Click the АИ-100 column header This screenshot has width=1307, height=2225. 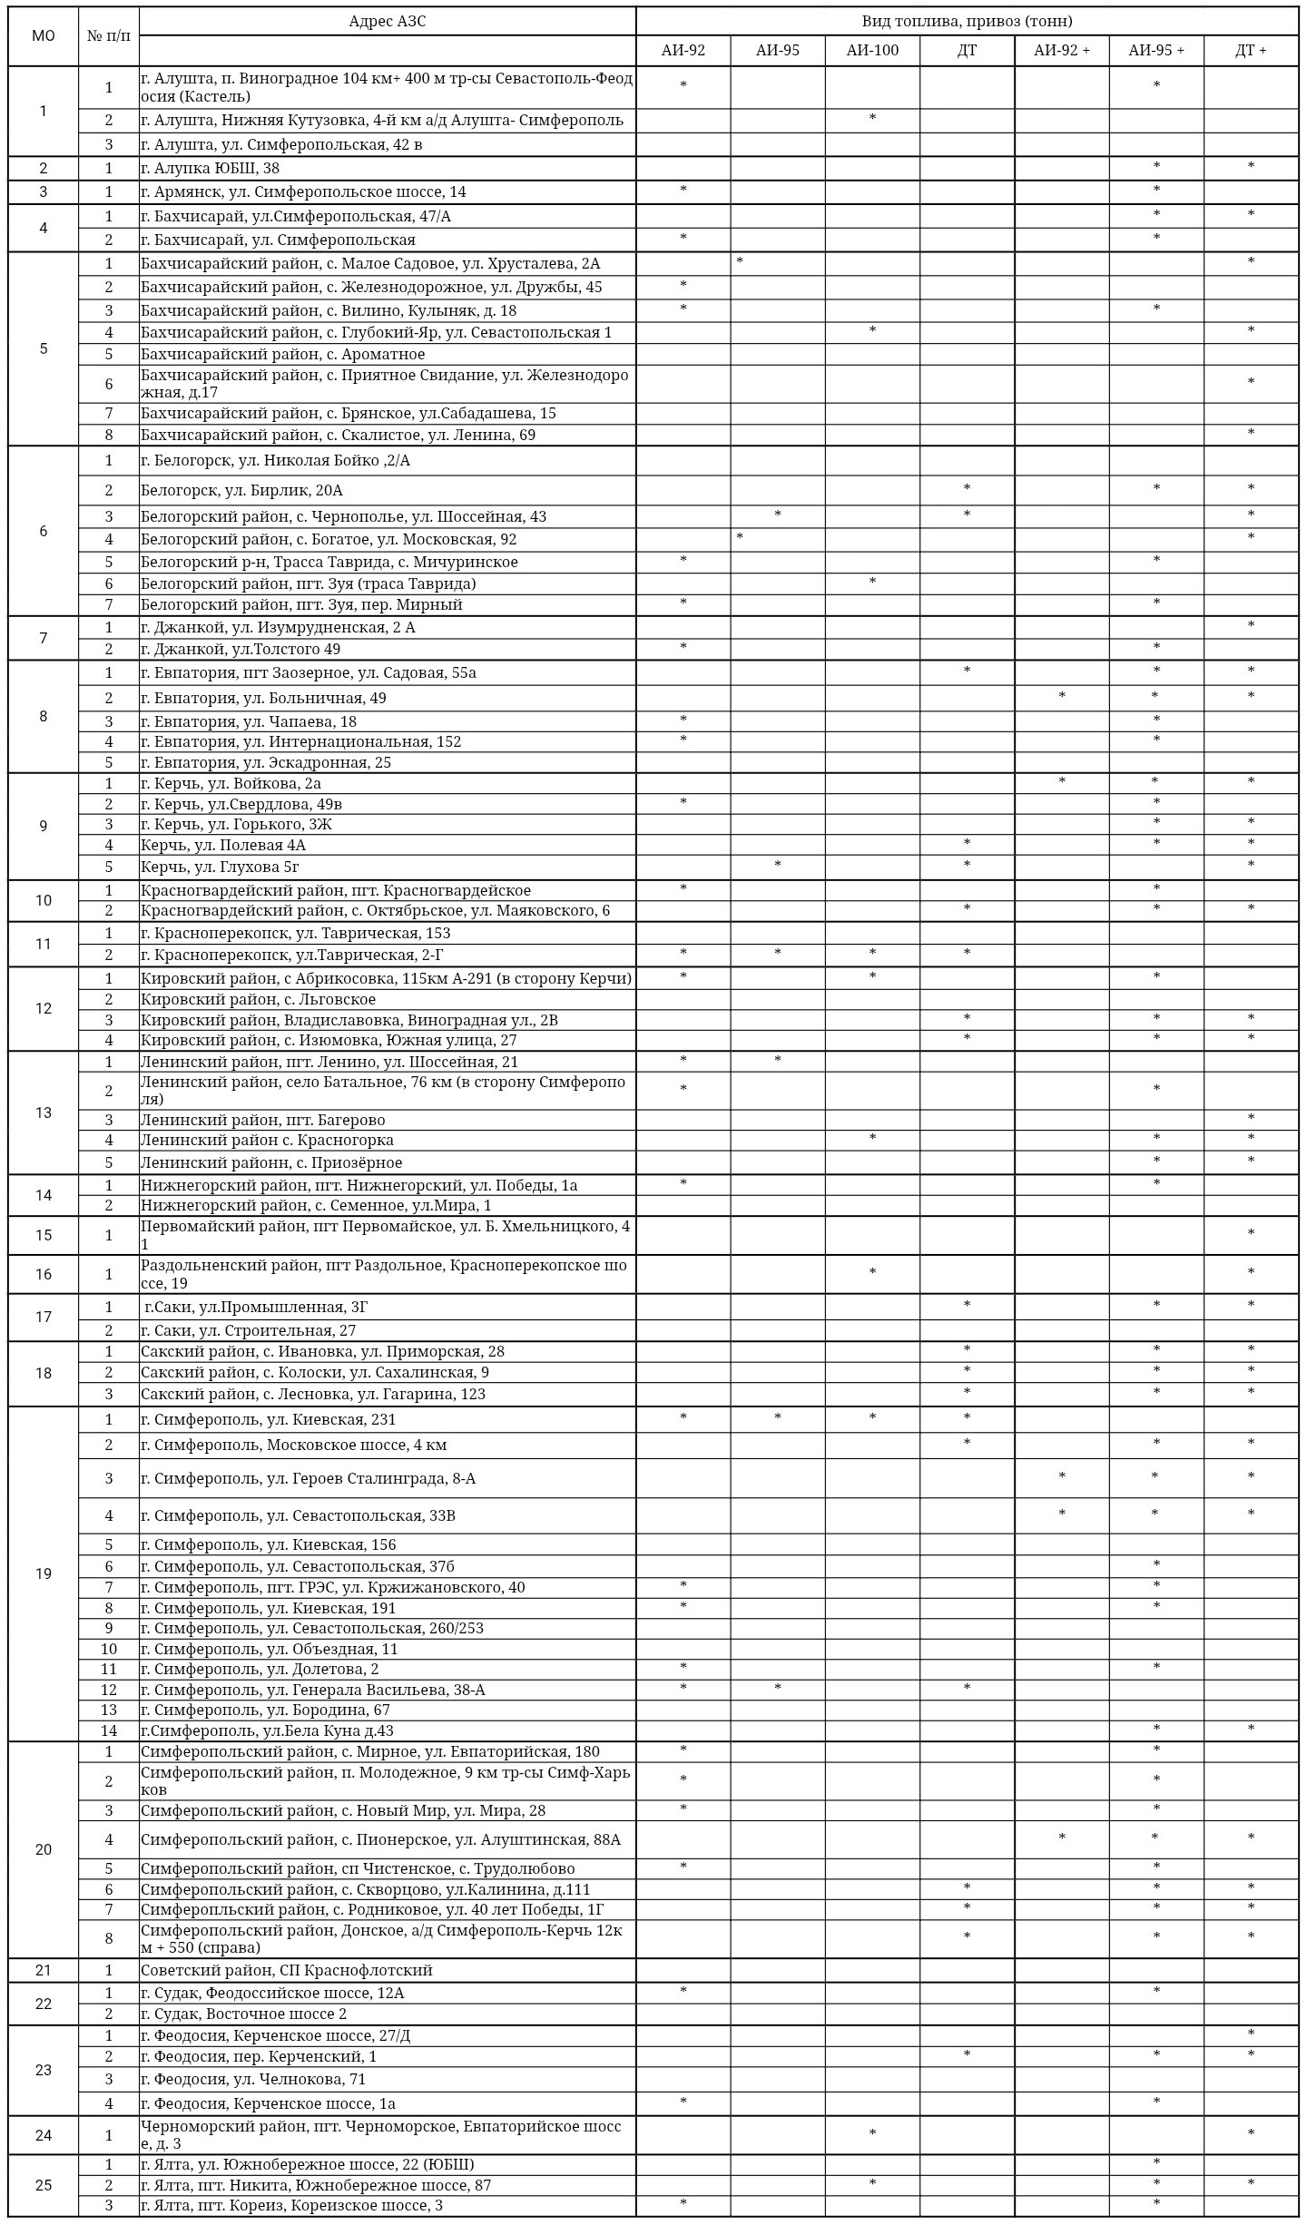pos(871,51)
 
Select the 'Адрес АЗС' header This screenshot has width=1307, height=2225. pos(388,22)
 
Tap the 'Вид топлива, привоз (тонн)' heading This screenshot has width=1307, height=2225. pos(967,22)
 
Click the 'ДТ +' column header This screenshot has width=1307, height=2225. pos(1250,51)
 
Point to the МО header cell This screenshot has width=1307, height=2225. pos(44,36)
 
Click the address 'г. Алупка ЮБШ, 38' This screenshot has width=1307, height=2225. pos(211,169)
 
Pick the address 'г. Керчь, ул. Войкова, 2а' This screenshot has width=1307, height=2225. pos(231,784)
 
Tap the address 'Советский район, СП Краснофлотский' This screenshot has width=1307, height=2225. pos(286,1970)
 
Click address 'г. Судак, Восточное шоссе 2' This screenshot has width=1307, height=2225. pos(243,2014)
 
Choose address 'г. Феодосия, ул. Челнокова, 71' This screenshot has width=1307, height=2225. pos(252,2079)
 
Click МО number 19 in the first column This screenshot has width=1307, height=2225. pos(44,1573)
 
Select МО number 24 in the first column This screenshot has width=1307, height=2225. pos(44,2135)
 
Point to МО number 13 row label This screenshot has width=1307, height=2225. pos(44,1112)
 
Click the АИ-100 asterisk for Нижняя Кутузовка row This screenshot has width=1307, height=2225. pos(872,119)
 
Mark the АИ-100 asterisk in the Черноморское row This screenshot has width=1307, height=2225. pos(872,2133)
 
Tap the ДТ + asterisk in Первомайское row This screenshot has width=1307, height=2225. pos(1251,1234)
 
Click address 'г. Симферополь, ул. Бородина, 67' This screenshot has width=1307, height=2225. pos(265,1710)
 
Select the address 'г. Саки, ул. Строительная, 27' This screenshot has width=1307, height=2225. pos(248,1331)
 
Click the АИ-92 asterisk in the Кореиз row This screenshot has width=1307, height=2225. pos(683,2204)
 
